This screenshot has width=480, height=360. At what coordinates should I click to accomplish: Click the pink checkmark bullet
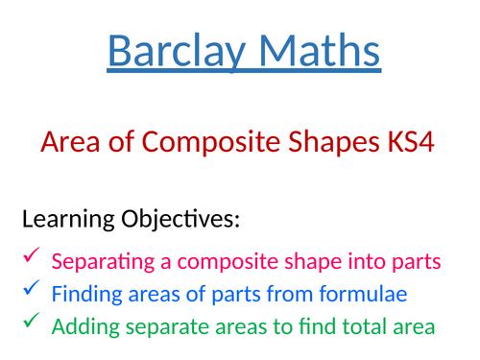pyautogui.click(x=32, y=256)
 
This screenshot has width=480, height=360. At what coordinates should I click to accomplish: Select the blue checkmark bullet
pyautogui.click(x=32, y=288)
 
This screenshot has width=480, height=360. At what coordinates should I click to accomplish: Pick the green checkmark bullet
pyautogui.click(x=32, y=322)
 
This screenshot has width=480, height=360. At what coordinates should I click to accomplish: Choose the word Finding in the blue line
pyautogui.click(x=81, y=293)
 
